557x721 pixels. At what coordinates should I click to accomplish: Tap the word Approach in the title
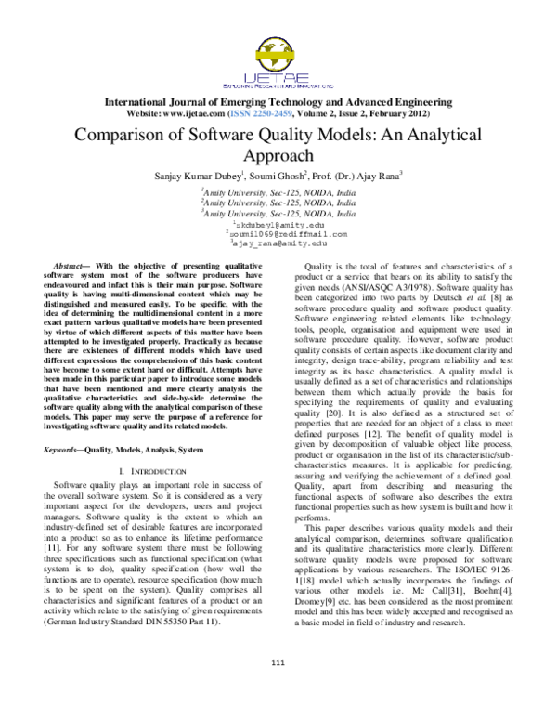coord(278,155)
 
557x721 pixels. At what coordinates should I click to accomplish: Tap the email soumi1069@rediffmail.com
coord(280,234)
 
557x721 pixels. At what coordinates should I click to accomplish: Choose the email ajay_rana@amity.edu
coord(279,243)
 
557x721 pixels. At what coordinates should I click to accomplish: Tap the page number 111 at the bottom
coord(278,687)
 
